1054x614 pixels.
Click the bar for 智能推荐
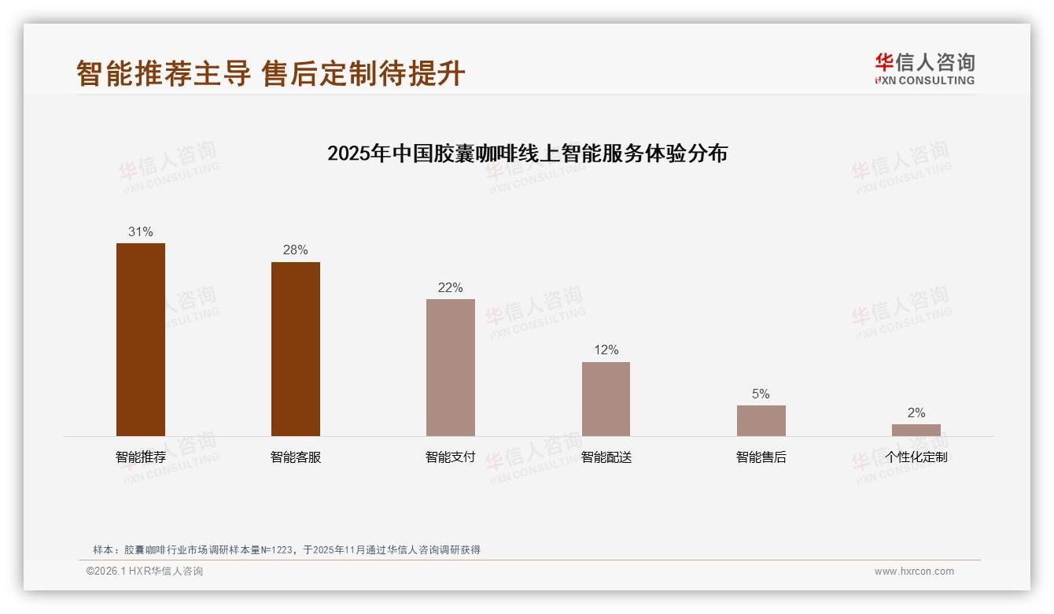click(141, 339)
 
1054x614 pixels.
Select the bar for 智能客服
click(296, 349)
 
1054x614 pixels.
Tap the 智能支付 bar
click(451, 368)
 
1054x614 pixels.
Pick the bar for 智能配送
click(606, 399)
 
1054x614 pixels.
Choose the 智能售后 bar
click(761, 420)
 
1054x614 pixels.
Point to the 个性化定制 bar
click(916, 430)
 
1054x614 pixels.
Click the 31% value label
click(141, 232)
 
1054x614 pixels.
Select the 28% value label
click(296, 250)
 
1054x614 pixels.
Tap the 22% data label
click(451, 288)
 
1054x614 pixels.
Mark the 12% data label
click(606, 350)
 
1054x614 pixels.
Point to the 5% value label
click(761, 394)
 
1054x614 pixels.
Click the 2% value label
click(916, 413)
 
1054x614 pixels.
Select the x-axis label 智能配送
click(606, 457)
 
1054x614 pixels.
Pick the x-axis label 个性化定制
click(916, 457)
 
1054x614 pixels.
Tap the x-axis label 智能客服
click(296, 457)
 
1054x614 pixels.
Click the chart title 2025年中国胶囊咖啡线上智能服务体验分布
click(527, 153)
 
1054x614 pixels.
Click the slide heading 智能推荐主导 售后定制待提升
click(271, 74)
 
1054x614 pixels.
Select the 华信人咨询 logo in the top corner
click(924, 68)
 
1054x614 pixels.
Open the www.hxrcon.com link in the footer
click(914, 571)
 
